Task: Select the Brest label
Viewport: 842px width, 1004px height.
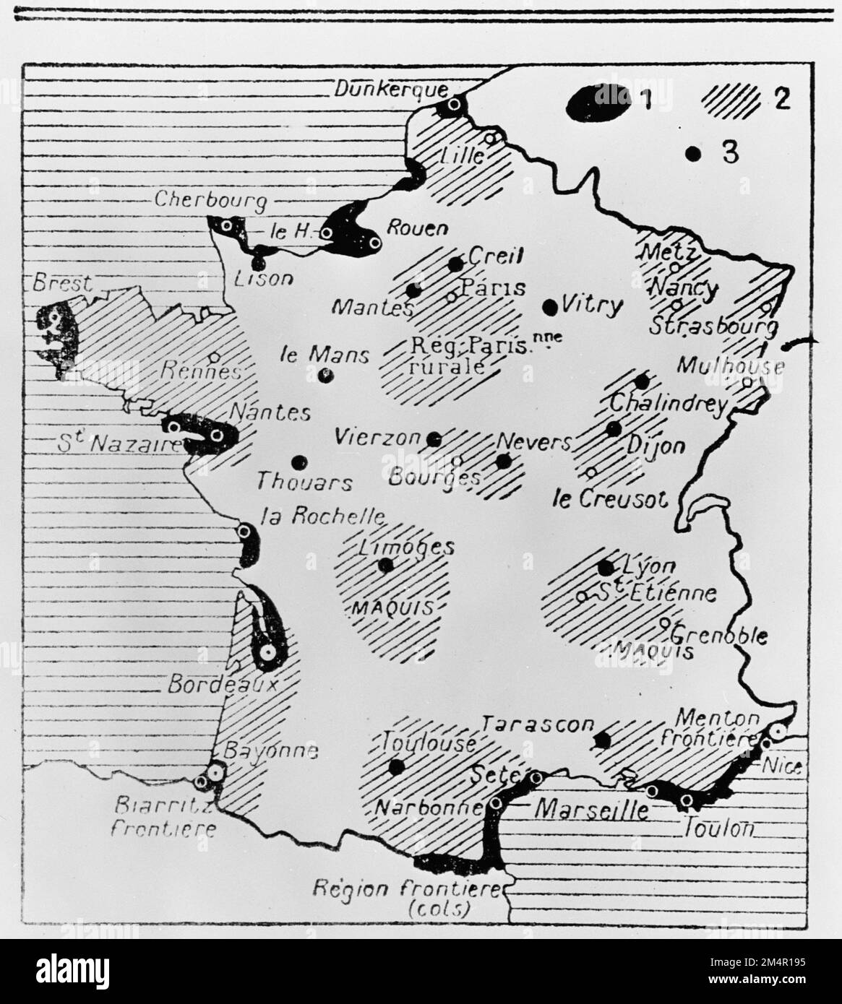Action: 62,283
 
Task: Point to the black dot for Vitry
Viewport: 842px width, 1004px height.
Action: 550,306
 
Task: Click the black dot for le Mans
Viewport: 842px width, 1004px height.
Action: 325,375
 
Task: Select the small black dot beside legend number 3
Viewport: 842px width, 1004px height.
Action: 693,153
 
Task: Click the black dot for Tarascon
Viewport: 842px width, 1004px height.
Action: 601,740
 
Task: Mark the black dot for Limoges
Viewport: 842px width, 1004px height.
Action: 385,564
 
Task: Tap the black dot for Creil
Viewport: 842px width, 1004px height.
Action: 455,264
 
